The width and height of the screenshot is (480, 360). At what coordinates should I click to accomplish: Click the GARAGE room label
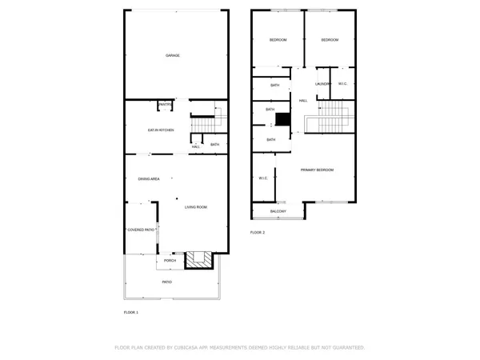[173, 55]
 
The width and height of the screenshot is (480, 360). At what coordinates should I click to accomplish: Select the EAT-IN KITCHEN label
[160, 130]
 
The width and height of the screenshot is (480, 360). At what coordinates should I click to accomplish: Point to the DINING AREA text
[149, 178]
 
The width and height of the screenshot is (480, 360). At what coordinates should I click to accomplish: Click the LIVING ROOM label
[196, 207]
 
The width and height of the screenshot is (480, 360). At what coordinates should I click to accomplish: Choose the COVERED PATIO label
[141, 230]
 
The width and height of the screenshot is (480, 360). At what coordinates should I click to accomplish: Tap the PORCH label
[170, 261]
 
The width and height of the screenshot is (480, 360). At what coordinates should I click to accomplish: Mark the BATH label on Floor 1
[214, 145]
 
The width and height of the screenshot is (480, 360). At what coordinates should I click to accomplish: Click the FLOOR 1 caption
[131, 312]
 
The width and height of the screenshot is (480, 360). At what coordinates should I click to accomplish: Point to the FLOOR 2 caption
[257, 232]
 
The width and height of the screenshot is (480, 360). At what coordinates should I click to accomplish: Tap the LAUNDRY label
[322, 84]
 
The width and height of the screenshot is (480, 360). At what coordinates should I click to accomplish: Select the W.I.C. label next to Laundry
[342, 84]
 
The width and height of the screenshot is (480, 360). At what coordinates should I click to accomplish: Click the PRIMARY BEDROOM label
[317, 170]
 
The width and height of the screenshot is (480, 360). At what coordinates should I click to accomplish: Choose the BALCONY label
[278, 211]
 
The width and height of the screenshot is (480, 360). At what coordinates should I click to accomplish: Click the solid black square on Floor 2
[282, 119]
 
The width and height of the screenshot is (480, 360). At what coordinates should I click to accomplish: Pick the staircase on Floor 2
[330, 120]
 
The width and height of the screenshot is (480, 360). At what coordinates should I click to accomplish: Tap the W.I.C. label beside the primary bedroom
[262, 178]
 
